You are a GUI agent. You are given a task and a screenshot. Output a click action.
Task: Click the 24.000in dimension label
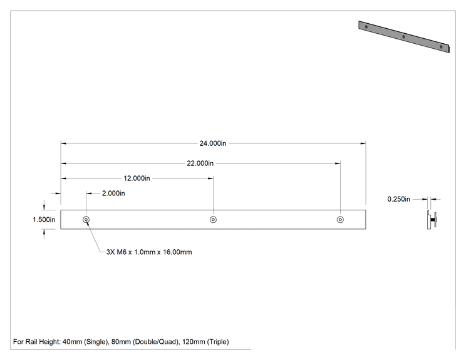(x=213, y=143)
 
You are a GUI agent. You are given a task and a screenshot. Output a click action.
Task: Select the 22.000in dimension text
(x=200, y=163)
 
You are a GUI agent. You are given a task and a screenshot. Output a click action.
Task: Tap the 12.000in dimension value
(x=137, y=178)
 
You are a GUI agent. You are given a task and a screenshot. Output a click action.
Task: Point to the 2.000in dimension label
(x=113, y=193)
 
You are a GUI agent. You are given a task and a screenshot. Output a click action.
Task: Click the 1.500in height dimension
(x=44, y=220)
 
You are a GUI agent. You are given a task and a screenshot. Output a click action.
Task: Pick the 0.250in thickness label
(x=398, y=199)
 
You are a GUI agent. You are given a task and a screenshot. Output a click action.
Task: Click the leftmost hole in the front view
(x=86, y=220)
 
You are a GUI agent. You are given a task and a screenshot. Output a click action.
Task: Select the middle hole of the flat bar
(x=213, y=220)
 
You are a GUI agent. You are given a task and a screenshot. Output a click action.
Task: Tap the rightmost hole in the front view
(x=340, y=220)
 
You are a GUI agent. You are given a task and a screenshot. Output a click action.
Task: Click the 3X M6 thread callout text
(x=149, y=252)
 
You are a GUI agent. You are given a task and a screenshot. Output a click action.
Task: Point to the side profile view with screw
(x=432, y=220)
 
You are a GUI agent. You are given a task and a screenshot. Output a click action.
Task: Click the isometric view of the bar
(x=404, y=36)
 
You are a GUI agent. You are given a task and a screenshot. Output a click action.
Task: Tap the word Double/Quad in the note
(x=155, y=342)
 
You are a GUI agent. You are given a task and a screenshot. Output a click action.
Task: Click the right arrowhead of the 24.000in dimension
(x=363, y=143)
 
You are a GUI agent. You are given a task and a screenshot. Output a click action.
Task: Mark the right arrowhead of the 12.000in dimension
(x=210, y=178)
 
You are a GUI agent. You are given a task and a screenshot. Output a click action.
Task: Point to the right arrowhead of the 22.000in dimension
(x=338, y=163)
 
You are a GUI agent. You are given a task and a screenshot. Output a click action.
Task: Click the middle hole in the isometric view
(x=403, y=37)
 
